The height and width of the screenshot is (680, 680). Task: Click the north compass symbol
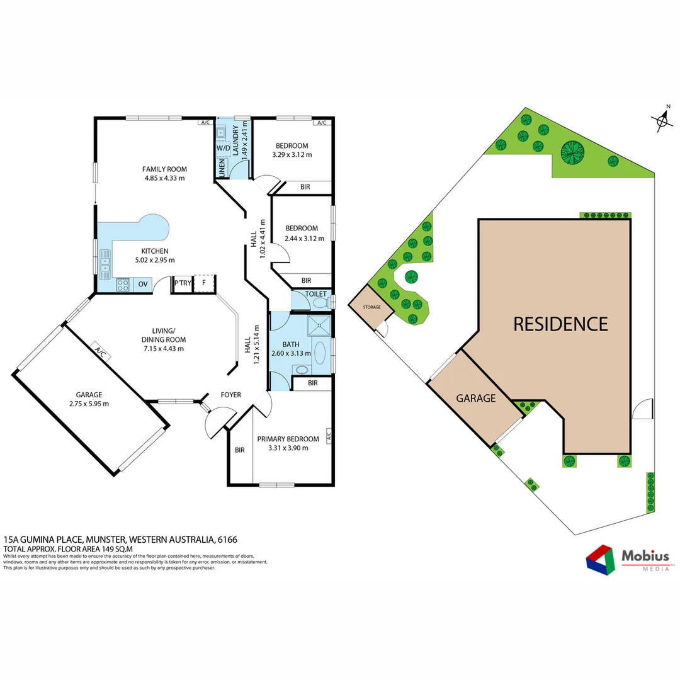click(661, 120)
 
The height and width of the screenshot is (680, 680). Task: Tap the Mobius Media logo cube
click(601, 559)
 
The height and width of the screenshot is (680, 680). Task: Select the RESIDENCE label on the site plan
click(560, 324)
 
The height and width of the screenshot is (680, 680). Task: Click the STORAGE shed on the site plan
click(371, 308)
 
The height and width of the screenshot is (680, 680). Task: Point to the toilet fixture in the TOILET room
click(322, 303)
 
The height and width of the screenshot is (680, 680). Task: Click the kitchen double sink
click(105, 264)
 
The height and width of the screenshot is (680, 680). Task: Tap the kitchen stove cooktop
click(123, 285)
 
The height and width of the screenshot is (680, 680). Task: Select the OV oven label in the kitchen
click(143, 285)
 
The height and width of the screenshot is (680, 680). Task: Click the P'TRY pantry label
click(183, 284)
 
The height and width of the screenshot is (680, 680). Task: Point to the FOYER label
click(230, 395)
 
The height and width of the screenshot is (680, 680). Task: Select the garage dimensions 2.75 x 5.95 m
click(88, 404)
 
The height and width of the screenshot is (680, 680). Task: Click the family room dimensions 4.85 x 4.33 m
click(164, 178)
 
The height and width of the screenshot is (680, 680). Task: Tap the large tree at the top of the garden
click(572, 152)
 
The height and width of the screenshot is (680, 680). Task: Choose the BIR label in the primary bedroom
click(239, 450)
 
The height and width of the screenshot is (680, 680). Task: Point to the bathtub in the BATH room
click(320, 354)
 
